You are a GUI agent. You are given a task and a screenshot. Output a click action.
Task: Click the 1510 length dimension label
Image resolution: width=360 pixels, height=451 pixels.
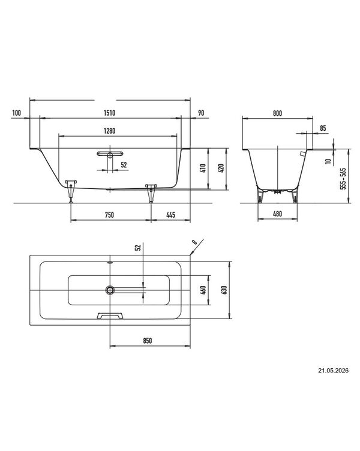[x=109, y=113]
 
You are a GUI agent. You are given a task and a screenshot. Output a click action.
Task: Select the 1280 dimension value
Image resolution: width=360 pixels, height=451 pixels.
[x=109, y=131]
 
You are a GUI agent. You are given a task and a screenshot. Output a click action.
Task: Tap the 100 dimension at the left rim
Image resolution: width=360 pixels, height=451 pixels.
[x=17, y=113]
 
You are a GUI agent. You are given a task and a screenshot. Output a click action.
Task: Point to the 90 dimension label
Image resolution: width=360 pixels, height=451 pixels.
[x=201, y=113]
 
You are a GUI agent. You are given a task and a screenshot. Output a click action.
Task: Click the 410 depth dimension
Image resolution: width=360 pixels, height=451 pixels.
[x=203, y=168]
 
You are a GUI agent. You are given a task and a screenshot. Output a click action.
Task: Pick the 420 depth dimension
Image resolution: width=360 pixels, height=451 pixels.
[x=221, y=168]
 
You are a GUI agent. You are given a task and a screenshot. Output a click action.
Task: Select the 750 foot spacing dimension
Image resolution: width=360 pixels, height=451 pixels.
[x=109, y=215]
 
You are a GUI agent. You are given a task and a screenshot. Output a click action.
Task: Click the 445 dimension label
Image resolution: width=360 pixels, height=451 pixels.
[x=170, y=215]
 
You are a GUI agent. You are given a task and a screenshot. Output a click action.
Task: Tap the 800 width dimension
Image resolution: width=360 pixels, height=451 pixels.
[x=277, y=113]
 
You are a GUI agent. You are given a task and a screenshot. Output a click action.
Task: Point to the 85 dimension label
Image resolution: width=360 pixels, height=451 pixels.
[x=323, y=128]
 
